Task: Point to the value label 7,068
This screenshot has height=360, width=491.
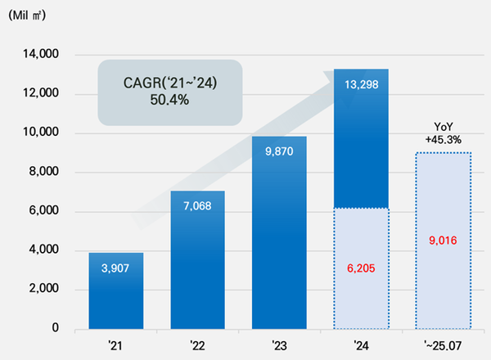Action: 197,205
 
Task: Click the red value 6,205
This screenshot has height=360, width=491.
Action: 361,267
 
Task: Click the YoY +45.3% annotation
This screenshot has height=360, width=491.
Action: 443,133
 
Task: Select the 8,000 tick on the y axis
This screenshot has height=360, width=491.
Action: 42,173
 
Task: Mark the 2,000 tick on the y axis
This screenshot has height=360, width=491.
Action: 42,290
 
